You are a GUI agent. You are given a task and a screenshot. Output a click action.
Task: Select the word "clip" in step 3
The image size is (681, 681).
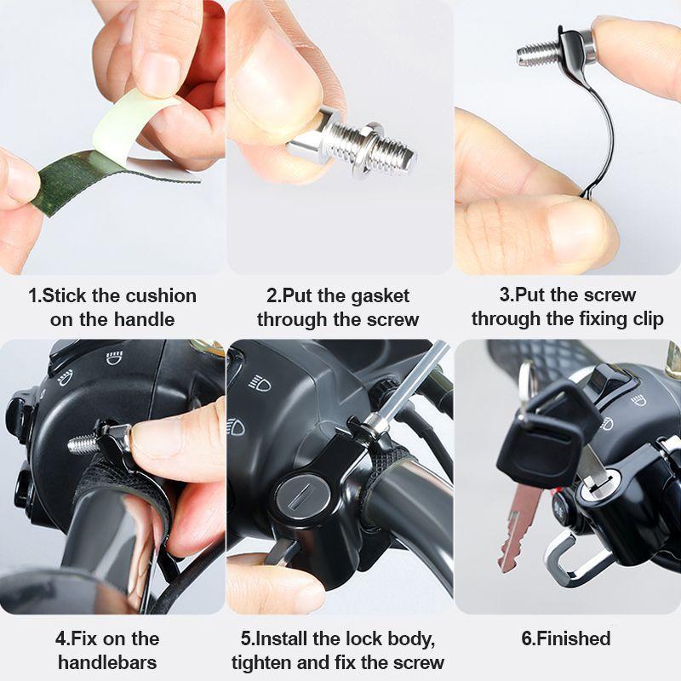644,319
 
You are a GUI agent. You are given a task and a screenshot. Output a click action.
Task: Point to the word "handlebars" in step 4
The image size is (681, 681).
107,662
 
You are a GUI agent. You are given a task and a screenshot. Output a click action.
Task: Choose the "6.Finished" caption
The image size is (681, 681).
565,638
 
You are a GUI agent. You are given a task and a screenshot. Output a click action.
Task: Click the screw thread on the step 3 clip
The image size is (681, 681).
536,54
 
